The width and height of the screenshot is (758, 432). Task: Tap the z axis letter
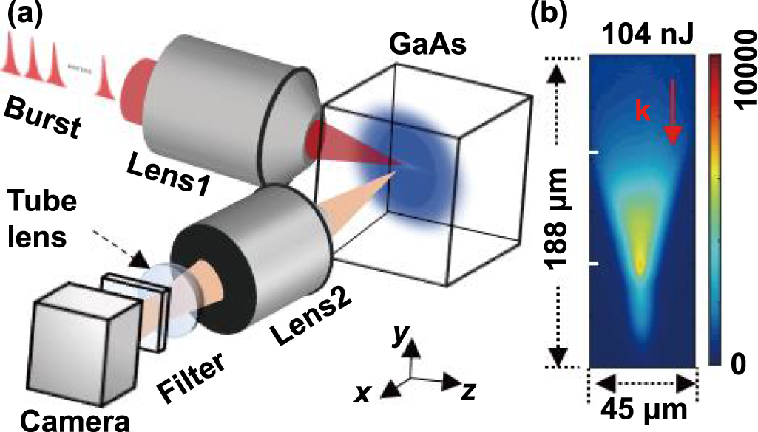coord(465,392)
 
